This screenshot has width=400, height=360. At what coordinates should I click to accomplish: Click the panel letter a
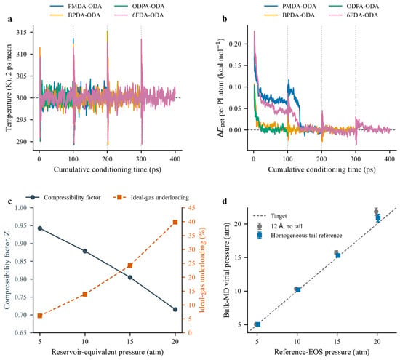[10, 20]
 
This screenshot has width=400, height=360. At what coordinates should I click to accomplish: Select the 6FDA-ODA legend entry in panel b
[353, 15]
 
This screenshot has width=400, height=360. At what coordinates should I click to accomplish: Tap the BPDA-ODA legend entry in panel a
[75, 15]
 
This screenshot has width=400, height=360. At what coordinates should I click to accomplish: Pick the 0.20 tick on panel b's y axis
[235, 44]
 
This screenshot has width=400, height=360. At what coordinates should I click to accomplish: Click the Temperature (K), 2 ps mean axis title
[9, 87]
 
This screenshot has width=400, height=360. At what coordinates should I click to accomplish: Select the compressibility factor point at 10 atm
[85, 252]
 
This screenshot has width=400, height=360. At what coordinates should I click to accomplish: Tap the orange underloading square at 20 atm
[175, 223]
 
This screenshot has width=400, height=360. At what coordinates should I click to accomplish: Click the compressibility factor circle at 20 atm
[175, 310]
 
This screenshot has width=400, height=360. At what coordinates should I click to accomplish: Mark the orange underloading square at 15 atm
[130, 265]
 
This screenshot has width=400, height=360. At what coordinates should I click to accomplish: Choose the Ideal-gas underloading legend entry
[151, 198]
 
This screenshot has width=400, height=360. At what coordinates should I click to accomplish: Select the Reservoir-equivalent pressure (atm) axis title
[108, 352]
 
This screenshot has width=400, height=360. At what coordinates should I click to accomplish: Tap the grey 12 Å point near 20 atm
[376, 212]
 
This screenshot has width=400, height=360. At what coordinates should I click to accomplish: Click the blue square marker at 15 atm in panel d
[338, 255]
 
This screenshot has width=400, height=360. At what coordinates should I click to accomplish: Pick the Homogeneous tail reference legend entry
[299, 235]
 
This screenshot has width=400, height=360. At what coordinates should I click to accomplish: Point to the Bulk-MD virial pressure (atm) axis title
[226, 270]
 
